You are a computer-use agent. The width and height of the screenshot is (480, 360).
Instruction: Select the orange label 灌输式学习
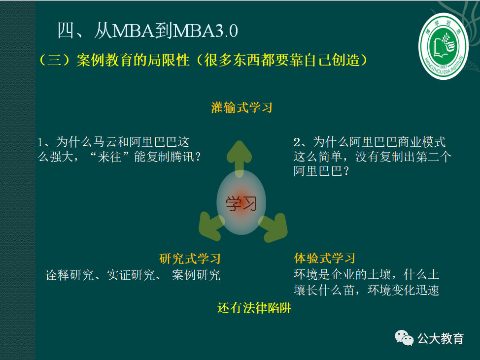pos(241,108)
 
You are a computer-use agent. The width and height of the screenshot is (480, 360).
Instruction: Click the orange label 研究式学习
pos(190,259)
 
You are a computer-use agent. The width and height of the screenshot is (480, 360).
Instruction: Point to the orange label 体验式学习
pos(324,259)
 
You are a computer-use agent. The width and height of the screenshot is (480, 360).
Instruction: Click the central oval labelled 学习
pos(241,202)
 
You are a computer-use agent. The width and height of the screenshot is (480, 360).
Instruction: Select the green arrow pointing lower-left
pos(209,224)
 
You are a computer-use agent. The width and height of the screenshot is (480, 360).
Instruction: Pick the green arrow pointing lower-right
pos(274,225)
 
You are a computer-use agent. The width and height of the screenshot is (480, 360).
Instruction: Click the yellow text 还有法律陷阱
pos(254,308)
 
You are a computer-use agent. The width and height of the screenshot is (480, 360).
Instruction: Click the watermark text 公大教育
pos(441,338)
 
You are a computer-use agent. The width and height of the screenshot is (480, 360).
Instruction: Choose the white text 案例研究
pos(196,275)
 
